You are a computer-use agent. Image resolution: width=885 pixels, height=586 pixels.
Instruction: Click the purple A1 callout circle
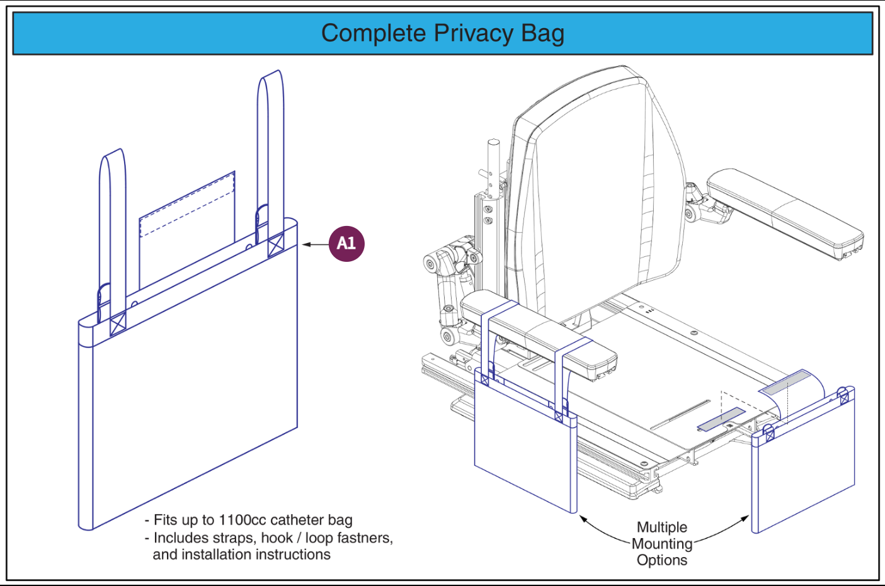click(x=346, y=244)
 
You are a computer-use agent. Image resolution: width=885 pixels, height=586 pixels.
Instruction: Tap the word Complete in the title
click(x=374, y=33)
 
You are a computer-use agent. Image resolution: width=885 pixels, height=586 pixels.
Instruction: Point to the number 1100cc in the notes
click(x=243, y=520)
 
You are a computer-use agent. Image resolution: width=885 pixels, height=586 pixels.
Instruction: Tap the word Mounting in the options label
click(x=662, y=544)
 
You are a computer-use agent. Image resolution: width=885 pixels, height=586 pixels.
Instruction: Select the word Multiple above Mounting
click(x=662, y=527)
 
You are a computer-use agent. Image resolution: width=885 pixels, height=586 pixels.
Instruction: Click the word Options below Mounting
click(x=662, y=560)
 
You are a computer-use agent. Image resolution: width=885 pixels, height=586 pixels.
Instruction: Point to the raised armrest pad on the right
click(x=784, y=211)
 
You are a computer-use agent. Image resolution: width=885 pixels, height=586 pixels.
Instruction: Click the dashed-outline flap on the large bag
click(x=187, y=220)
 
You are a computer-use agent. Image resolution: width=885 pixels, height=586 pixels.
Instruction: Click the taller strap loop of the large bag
click(x=270, y=145)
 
